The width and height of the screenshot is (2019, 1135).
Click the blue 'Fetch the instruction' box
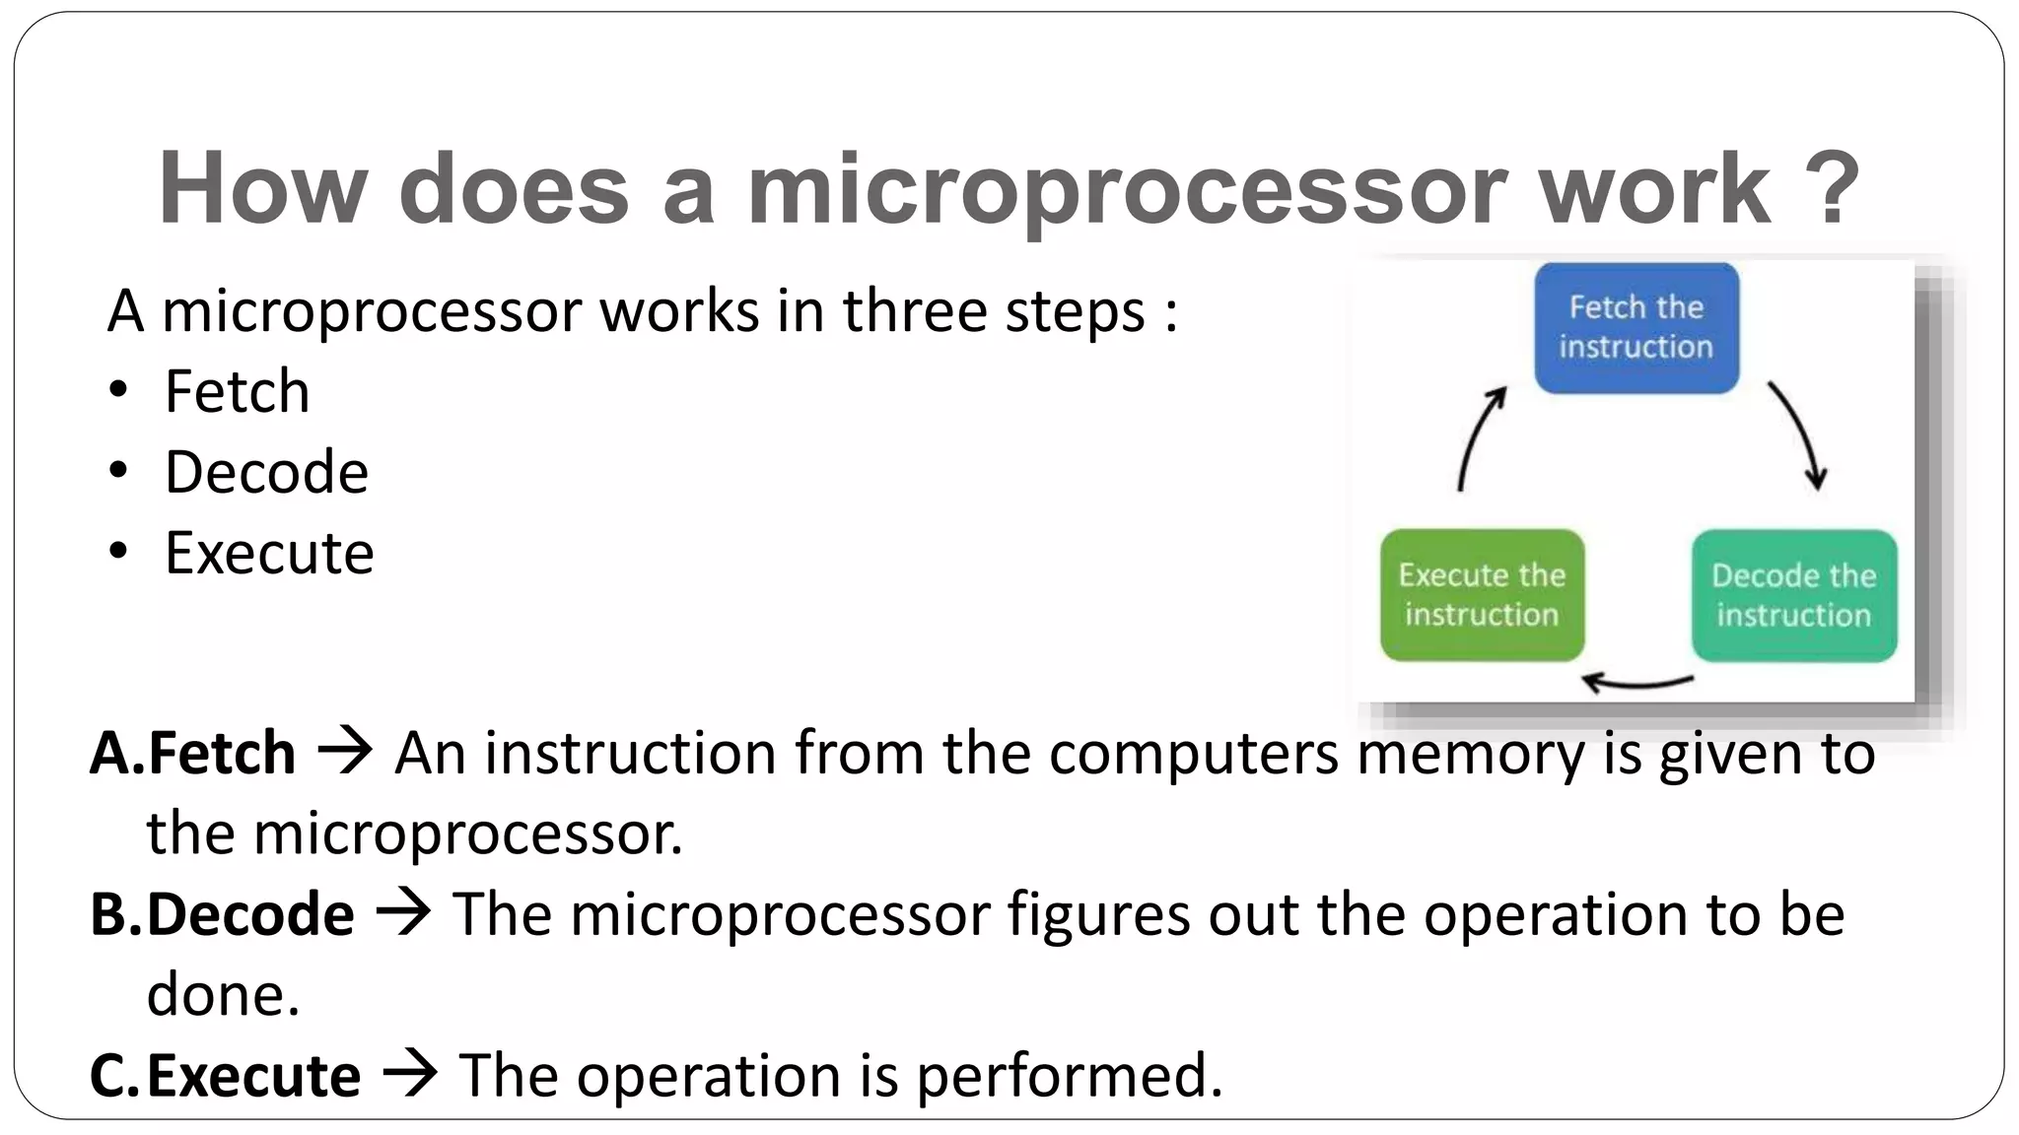(x=1636, y=328)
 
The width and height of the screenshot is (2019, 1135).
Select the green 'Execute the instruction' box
(x=1482, y=595)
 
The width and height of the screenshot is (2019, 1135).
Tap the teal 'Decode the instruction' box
(x=1793, y=595)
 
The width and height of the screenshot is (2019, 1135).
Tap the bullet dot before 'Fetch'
(x=118, y=391)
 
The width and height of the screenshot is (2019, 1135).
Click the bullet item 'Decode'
(x=266, y=472)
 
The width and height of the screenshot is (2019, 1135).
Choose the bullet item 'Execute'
(x=269, y=553)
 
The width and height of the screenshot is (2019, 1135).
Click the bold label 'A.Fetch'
(x=192, y=754)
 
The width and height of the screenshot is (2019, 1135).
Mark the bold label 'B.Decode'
(x=222, y=914)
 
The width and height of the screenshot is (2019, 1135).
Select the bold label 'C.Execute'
(x=225, y=1075)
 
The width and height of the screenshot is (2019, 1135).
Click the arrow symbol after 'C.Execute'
(x=409, y=1074)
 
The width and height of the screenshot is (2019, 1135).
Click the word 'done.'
(x=223, y=995)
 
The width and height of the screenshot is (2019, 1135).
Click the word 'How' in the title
(x=262, y=189)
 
